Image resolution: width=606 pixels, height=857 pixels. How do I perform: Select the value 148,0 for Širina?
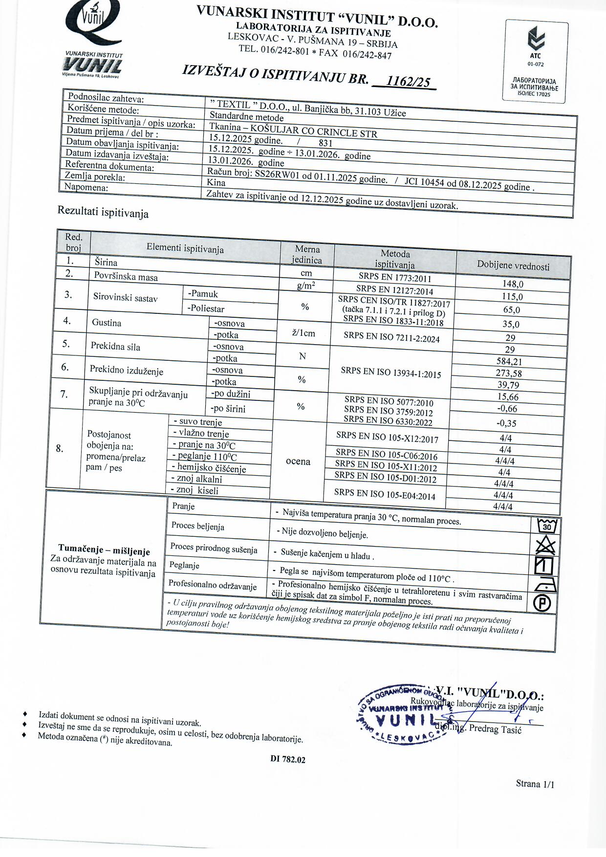[513, 284]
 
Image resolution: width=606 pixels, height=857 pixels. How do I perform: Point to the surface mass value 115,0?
[512, 297]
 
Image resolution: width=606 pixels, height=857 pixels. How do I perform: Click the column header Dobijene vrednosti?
[513, 265]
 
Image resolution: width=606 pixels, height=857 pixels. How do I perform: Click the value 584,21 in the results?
[509, 362]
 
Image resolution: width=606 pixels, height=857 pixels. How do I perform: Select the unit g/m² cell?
[306, 286]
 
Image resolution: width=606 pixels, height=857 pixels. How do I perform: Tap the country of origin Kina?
[216, 182]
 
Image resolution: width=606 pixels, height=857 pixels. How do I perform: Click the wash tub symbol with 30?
[547, 526]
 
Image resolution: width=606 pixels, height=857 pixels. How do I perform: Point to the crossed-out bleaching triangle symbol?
[545, 545]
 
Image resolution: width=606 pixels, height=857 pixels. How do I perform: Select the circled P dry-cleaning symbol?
[542, 603]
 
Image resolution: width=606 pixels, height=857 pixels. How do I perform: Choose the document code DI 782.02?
[288, 759]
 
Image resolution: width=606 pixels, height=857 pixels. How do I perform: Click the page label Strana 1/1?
[535, 784]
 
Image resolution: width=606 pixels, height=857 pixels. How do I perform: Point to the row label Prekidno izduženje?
[127, 370]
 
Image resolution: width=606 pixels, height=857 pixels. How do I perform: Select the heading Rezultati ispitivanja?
[103, 212]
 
